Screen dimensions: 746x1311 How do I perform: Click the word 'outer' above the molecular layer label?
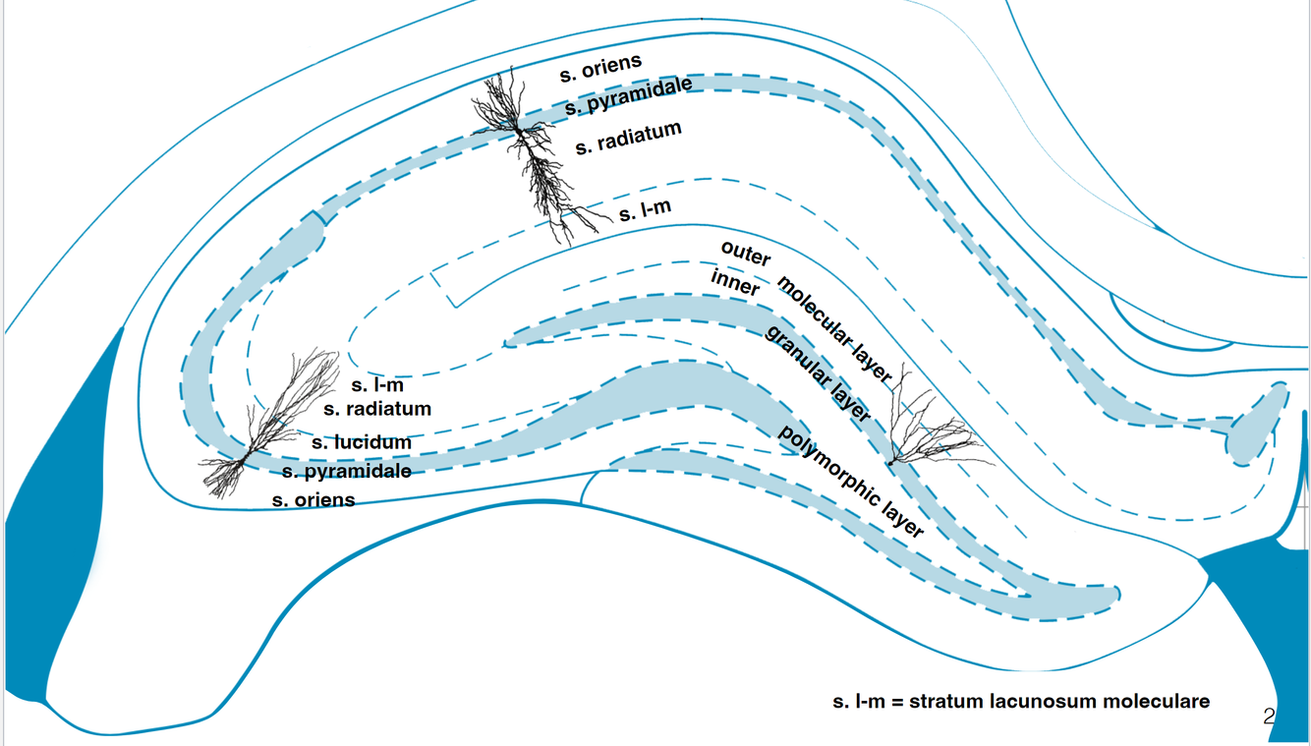pos(747,253)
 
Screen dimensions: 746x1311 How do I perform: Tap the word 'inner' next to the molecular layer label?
pos(735,283)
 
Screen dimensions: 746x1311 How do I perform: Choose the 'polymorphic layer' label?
pos(851,483)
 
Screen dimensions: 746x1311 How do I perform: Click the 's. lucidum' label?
pos(362,442)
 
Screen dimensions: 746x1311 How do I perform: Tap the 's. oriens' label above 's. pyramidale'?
pos(601,68)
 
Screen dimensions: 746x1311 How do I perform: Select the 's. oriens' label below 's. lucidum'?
pos(313,499)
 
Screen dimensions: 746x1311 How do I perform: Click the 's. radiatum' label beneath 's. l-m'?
pos(377,408)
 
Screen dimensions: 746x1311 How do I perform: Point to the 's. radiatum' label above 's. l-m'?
pos(629,139)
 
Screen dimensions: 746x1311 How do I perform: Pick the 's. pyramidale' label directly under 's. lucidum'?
pos(346,472)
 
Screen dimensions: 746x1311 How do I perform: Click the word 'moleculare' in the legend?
pos(1158,702)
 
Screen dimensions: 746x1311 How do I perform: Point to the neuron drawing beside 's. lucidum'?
pos(260,428)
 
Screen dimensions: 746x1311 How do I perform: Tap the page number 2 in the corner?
pos(1268,717)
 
